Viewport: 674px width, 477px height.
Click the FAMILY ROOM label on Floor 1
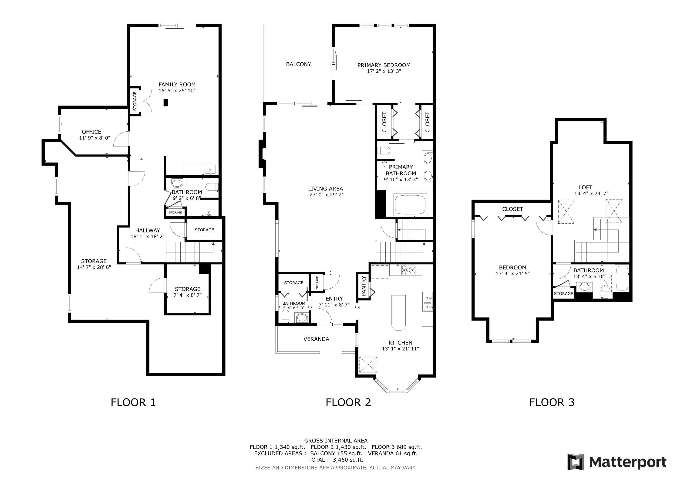[177, 84]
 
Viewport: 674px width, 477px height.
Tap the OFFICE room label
[92, 132]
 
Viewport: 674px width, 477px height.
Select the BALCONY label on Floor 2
[299, 64]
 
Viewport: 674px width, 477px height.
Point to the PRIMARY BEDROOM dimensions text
[384, 71]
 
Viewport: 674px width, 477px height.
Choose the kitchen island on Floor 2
[399, 313]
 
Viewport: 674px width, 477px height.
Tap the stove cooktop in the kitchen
[408, 270]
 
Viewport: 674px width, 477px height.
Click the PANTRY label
[364, 286]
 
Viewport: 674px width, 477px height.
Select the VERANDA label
[316, 339]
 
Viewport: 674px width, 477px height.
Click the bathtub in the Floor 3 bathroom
[622, 278]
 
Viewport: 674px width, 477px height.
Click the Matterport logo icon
[576, 462]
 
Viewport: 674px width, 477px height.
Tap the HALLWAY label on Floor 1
[148, 230]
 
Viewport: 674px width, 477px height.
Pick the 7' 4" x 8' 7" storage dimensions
[188, 295]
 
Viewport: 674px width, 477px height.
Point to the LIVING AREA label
[326, 189]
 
